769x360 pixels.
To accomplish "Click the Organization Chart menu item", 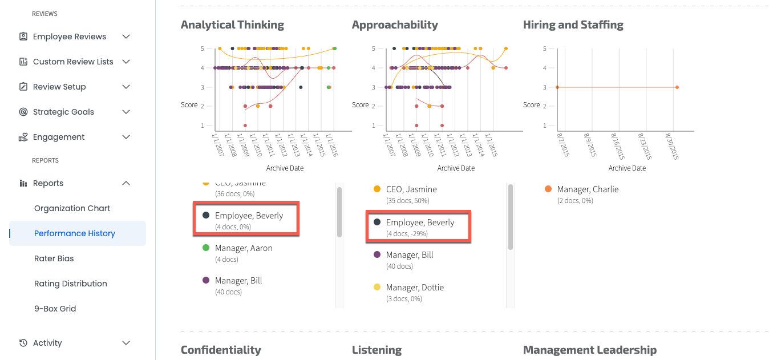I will (x=72, y=208).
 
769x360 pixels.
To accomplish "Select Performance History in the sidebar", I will (x=75, y=233).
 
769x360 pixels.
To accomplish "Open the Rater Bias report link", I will (x=54, y=258).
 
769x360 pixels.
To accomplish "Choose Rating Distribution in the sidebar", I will (x=71, y=284).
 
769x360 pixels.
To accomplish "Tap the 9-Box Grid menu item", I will (x=55, y=309).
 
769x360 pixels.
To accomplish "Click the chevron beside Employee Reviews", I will (x=126, y=37).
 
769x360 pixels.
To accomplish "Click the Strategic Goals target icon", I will (x=23, y=112).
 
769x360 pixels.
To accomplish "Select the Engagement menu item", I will (x=59, y=137).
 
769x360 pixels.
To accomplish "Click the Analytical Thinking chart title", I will (x=232, y=25).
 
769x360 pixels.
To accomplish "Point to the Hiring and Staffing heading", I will (x=573, y=25).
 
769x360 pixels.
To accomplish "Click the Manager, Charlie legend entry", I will (x=588, y=189).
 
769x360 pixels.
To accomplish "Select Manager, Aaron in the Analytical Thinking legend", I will (x=244, y=248).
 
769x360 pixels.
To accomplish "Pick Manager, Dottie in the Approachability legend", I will (x=415, y=288).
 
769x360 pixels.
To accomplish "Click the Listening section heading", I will (x=377, y=350).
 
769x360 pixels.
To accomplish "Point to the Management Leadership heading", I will (x=589, y=350).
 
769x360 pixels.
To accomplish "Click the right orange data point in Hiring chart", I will (x=677, y=87).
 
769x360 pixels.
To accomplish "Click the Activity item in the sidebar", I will (x=47, y=343).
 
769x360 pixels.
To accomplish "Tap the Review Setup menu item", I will (x=59, y=87).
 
